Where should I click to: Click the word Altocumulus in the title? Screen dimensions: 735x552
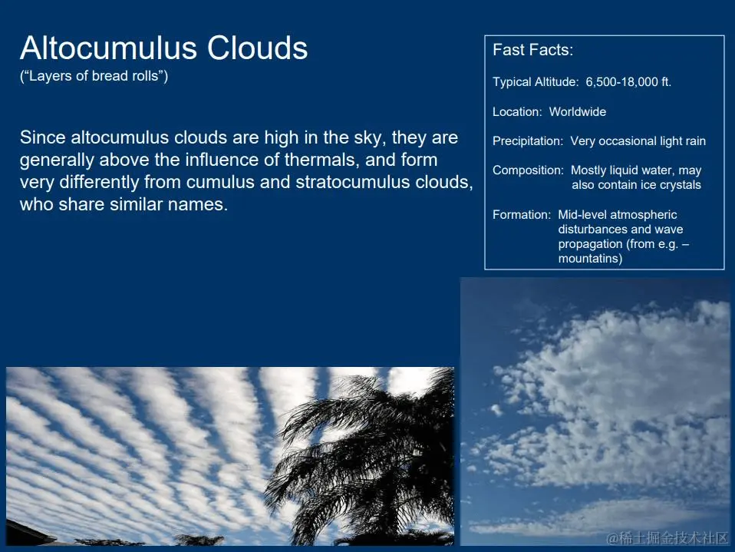pyautogui.click(x=108, y=48)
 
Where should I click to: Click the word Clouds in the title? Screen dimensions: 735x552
pyautogui.click(x=257, y=48)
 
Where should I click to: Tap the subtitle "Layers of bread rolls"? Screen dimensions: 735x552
pyautogui.click(x=94, y=76)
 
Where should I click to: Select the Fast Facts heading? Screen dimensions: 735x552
pyautogui.click(x=533, y=50)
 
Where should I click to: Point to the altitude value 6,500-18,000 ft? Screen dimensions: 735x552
pyautogui.click(x=628, y=82)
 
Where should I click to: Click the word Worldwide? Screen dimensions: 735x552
pyautogui.click(x=578, y=111)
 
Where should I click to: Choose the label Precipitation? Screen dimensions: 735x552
pyautogui.click(x=528, y=141)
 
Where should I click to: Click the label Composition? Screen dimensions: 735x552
pyautogui.click(x=529, y=170)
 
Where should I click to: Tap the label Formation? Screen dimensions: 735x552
pyautogui.click(x=522, y=215)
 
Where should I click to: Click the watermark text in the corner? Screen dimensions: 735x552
pyautogui.click(x=667, y=537)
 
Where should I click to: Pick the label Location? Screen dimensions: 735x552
pyautogui.click(x=517, y=111)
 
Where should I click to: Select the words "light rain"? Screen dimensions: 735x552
pyautogui.click(x=683, y=141)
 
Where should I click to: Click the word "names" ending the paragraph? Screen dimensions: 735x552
pyautogui.click(x=197, y=204)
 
